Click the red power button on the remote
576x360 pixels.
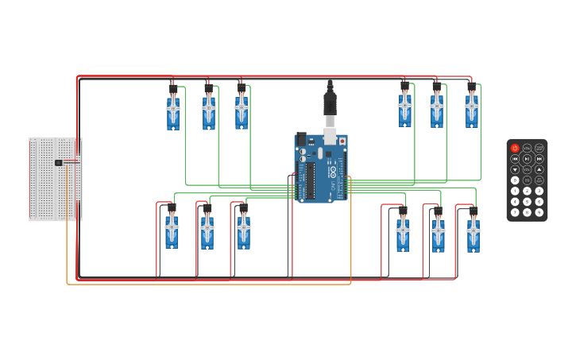click(515, 149)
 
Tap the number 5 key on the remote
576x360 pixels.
click(527, 201)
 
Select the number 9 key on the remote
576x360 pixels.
click(539, 211)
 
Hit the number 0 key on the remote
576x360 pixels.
click(515, 180)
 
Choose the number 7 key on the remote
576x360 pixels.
click(515, 211)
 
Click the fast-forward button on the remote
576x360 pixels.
click(539, 159)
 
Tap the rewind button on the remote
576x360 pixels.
click(515, 159)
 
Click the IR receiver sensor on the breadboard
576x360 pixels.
click(59, 163)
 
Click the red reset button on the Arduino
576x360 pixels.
click(342, 141)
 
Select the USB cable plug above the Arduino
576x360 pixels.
click(330, 103)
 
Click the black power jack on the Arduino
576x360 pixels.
click(301, 138)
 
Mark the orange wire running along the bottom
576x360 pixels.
click(207, 284)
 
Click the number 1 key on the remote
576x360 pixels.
click(515, 191)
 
